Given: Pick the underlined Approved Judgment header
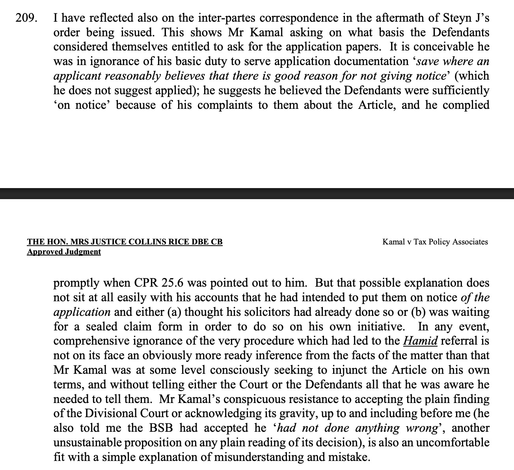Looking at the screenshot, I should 64,252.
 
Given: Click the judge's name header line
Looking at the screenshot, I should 125,242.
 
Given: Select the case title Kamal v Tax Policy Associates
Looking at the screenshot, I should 435,242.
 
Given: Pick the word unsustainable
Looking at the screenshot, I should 88,442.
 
